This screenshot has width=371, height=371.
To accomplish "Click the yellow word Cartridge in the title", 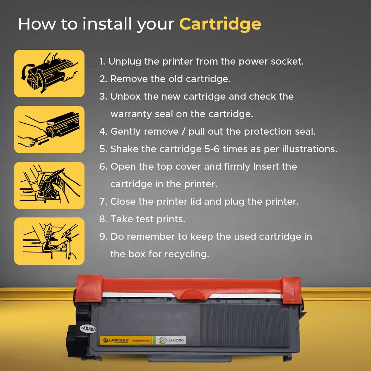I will tap(220, 24).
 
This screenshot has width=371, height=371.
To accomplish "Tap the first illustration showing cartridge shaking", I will tap(49, 74).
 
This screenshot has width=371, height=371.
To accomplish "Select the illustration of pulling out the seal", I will tap(49, 130).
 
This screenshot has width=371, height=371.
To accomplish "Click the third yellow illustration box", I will tap(49, 185).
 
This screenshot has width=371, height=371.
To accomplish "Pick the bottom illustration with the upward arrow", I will tap(49, 241).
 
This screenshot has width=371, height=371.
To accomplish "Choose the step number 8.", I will tap(103, 219).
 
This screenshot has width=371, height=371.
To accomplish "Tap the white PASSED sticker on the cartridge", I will tap(88, 329).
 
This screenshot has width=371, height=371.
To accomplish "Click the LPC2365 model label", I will tap(177, 340).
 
